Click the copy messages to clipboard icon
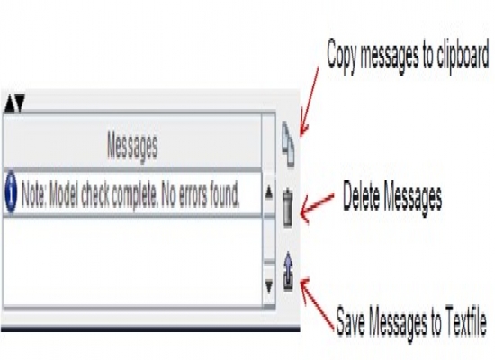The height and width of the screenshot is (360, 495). (288, 145)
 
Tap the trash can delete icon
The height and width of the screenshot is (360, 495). (288, 208)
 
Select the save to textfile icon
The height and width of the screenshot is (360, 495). (288, 271)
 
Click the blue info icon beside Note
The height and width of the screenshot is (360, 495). (11, 192)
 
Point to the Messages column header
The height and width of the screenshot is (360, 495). (132, 146)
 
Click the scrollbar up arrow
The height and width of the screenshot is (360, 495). (269, 193)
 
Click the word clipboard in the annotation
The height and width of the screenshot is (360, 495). (463, 54)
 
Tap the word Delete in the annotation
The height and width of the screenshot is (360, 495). (362, 196)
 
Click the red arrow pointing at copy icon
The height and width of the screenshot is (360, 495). (309, 102)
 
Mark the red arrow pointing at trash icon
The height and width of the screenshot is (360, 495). (317, 206)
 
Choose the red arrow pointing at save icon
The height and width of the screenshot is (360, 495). (317, 304)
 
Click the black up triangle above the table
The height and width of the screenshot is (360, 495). (10, 103)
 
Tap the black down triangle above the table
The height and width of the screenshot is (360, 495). (19, 103)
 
